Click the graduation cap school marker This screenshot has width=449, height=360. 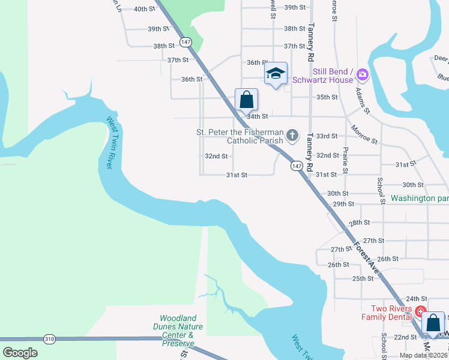coord(276,73)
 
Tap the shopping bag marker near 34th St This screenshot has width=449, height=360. coord(246,100)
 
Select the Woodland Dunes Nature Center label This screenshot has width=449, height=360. coord(181,330)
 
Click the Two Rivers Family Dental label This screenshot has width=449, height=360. coord(387,313)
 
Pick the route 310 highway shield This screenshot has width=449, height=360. coord(49,339)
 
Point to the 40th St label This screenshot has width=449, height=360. coord(144,9)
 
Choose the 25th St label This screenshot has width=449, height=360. coord(363,278)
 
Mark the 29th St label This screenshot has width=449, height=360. coord(343,204)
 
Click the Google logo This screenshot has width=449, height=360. coord(20,352)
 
